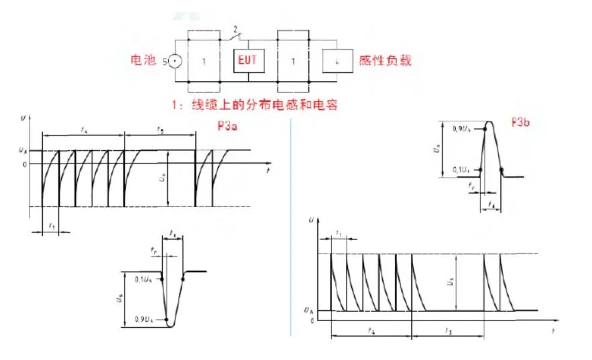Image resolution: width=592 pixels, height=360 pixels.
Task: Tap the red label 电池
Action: [143, 60]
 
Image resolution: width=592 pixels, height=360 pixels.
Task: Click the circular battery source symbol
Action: [174, 61]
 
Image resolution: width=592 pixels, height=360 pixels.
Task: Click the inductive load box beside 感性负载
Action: [337, 61]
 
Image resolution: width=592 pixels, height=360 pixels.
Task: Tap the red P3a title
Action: [227, 125]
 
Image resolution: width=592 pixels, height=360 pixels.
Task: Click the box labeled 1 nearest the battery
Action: [204, 61]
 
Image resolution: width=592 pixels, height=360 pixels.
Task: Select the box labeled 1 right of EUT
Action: [292, 61]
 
